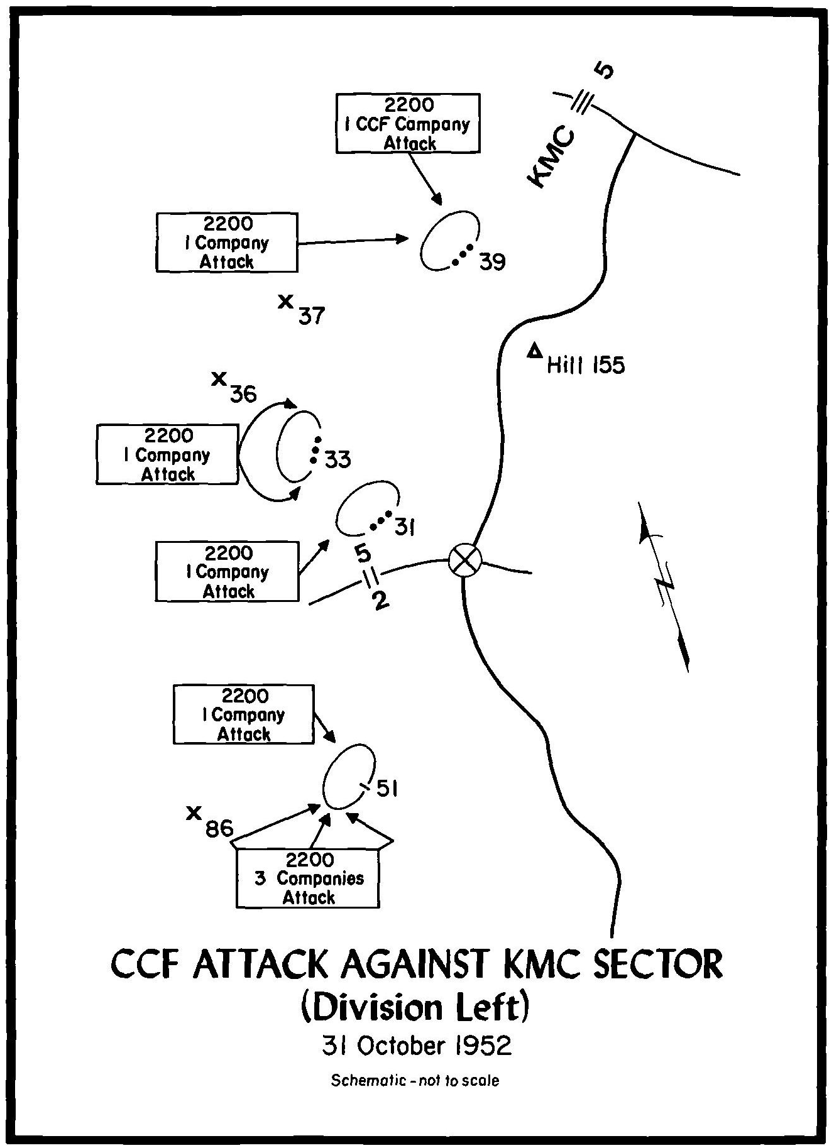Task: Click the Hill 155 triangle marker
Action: tap(535, 351)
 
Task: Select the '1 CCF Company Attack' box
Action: tap(408, 123)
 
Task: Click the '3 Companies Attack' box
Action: tap(307, 878)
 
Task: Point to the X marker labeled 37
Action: tap(286, 302)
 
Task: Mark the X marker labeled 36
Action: tap(219, 378)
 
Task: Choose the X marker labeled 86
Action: tap(194, 812)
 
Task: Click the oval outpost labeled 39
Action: tap(449, 241)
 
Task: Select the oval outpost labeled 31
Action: tap(366, 506)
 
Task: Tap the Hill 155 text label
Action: tap(586, 366)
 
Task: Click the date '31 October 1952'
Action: tap(417, 1046)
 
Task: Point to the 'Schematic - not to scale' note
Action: tap(415, 1081)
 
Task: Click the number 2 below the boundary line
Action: tap(380, 600)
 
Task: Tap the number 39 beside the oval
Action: tap(492, 261)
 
